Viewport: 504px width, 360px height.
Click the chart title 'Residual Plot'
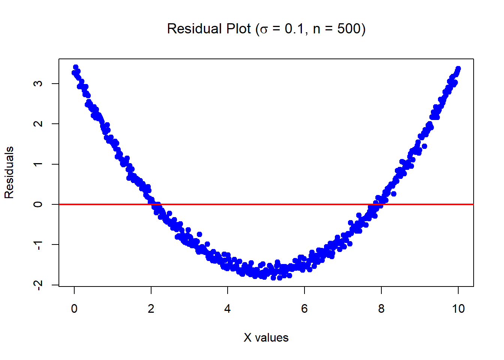coord(209,29)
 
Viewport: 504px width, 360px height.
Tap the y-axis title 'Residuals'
coord(9,172)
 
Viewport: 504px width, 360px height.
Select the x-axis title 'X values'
coord(266,337)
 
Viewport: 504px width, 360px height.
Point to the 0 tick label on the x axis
coord(74,309)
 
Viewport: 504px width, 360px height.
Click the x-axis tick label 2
coord(151,309)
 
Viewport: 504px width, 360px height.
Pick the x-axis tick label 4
coord(228,309)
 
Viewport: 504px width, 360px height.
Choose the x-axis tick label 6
coord(304,309)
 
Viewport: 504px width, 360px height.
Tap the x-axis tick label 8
coord(381,309)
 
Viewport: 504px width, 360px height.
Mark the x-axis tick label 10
coord(458,309)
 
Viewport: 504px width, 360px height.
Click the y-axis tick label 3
coord(38,83)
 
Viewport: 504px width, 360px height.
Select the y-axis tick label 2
coord(38,124)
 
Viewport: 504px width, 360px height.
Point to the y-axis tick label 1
coord(38,164)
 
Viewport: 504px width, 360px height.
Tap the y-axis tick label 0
coord(38,204)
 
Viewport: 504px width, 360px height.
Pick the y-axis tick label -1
coord(38,245)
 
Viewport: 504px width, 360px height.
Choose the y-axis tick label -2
coord(38,285)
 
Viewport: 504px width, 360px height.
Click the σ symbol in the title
coord(264,30)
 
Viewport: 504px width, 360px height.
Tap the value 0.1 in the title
coord(294,29)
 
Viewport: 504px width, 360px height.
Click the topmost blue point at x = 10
coord(458,69)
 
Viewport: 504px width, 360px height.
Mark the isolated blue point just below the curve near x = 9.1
coord(424,146)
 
